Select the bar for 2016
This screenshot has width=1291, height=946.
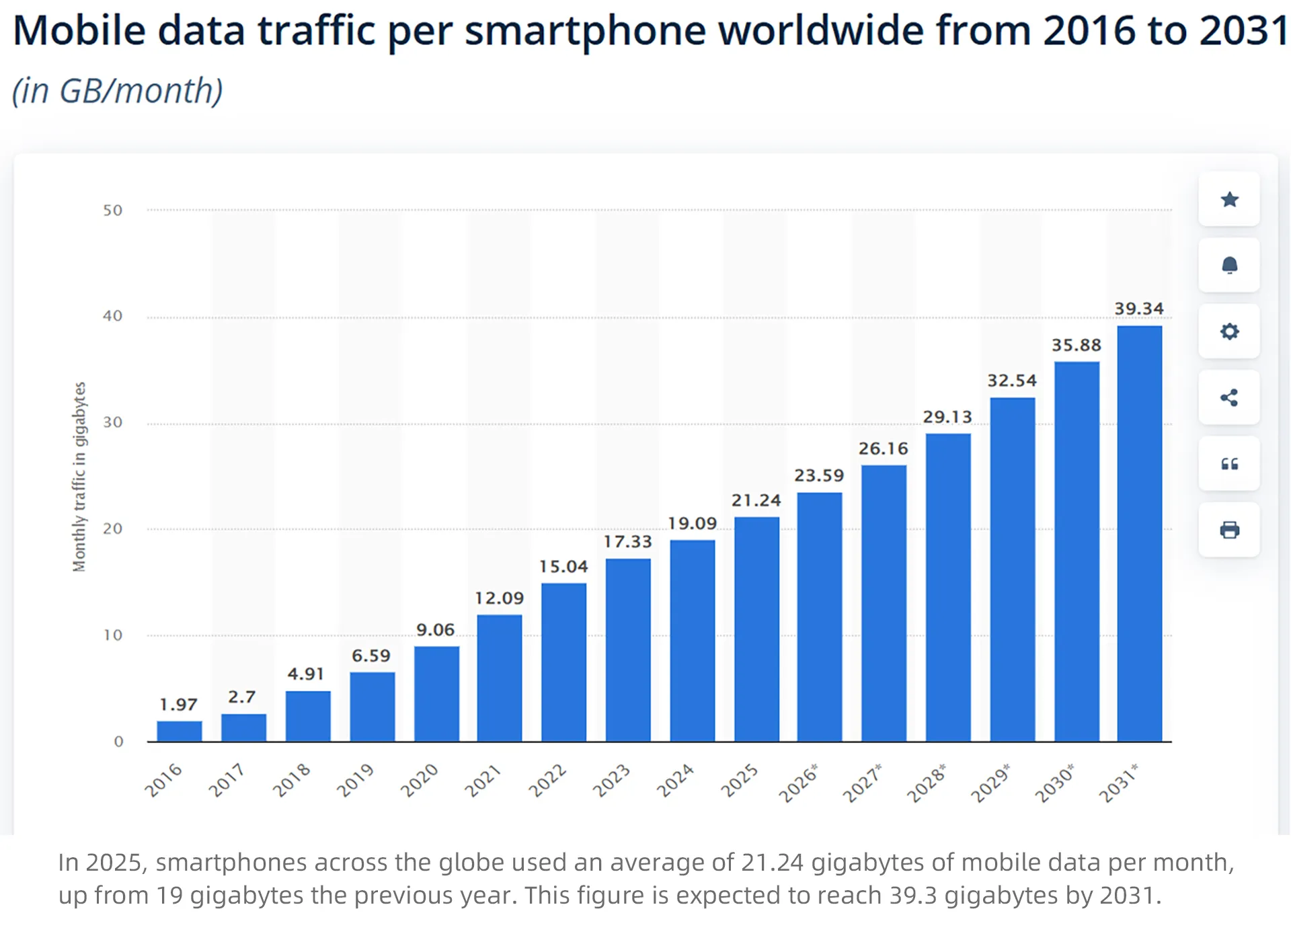pyautogui.click(x=179, y=731)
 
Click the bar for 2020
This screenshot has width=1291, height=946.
pyautogui.click(x=436, y=693)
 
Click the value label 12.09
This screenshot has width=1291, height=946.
pyautogui.click(x=499, y=598)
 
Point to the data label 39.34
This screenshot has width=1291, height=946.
pyautogui.click(x=1139, y=309)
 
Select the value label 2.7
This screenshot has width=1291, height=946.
pyautogui.click(x=241, y=697)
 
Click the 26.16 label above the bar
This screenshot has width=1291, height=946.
pyautogui.click(x=883, y=448)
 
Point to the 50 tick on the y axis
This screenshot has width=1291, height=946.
pyautogui.click(x=113, y=210)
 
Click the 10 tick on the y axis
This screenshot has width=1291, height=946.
pyautogui.click(x=113, y=635)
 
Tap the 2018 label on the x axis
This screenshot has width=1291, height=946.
pyautogui.click(x=291, y=780)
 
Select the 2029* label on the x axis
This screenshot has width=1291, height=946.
pyautogui.click(x=990, y=783)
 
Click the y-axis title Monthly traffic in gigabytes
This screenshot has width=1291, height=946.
pyautogui.click(x=79, y=477)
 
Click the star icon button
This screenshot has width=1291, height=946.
pyautogui.click(x=1229, y=199)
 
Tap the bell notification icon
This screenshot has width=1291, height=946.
pyautogui.click(x=1229, y=265)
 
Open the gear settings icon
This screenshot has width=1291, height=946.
pyautogui.click(x=1229, y=331)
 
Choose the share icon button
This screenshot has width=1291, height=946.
pyautogui.click(x=1229, y=397)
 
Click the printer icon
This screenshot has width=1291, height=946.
pyautogui.click(x=1229, y=530)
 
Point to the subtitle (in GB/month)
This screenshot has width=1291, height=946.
pyautogui.click(x=118, y=91)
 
